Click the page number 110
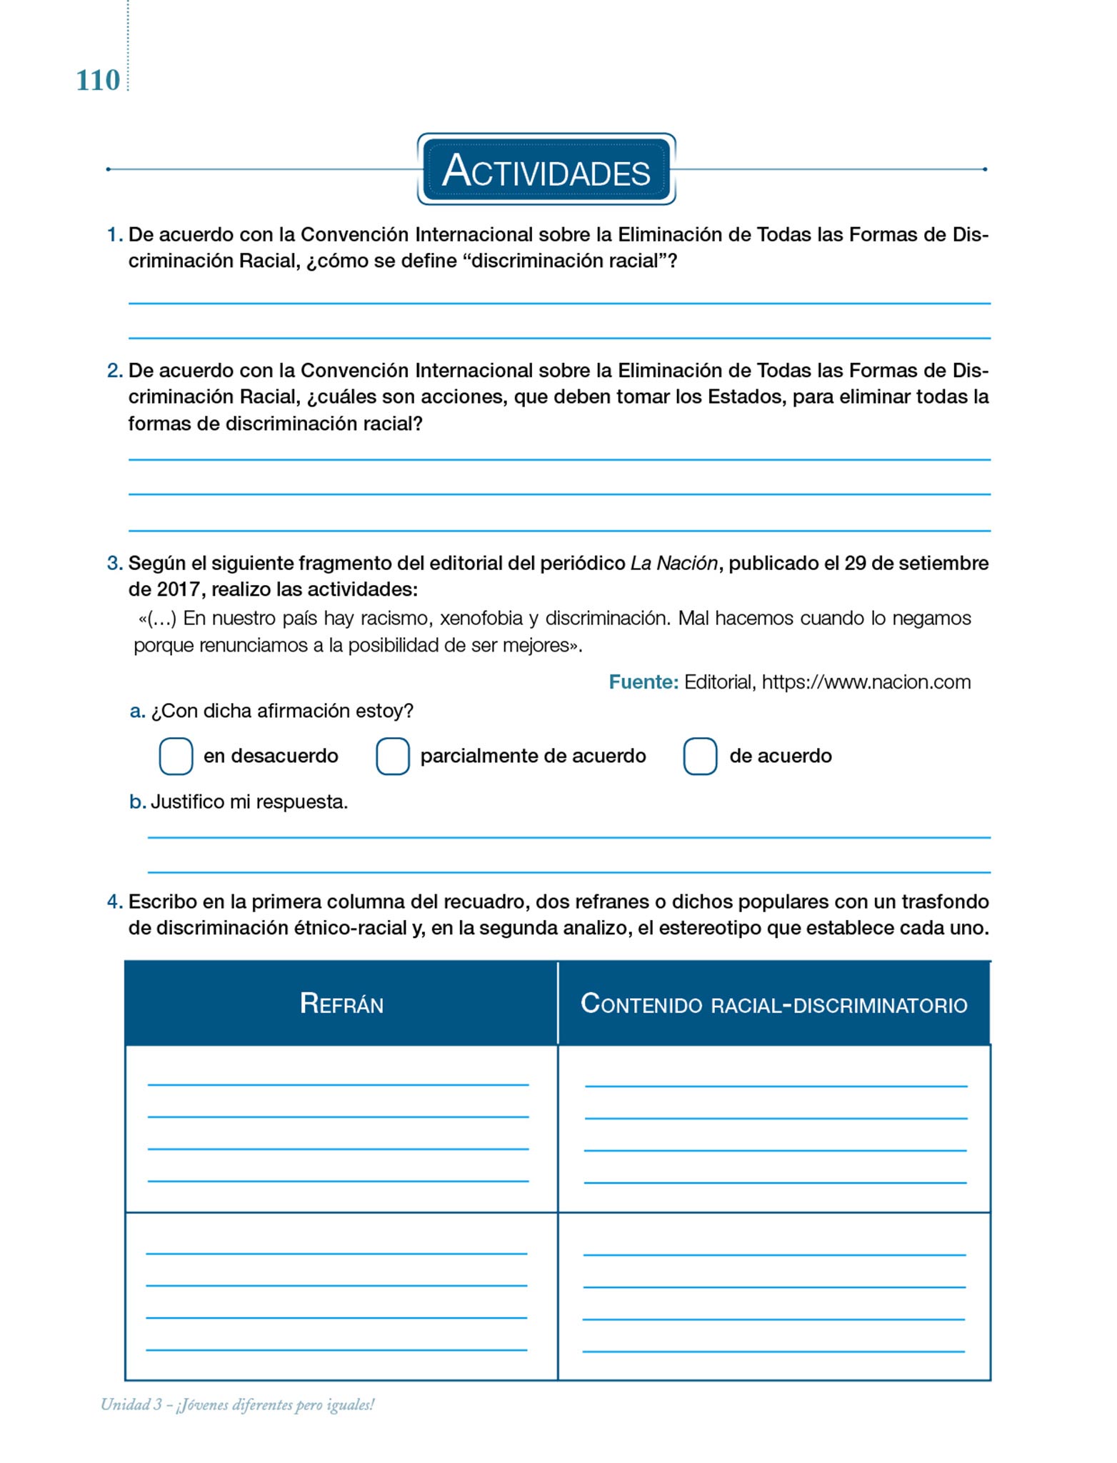coord(98,80)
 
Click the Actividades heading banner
coord(546,169)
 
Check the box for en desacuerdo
coord(176,756)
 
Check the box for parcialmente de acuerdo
coord(393,756)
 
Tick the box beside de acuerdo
coord(700,756)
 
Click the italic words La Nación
coord(673,563)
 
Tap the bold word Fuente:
coord(643,682)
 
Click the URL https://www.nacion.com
coord(866,682)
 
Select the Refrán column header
coord(341,1004)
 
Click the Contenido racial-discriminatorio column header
coord(773,1004)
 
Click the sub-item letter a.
coord(137,711)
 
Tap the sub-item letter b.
coord(137,802)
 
